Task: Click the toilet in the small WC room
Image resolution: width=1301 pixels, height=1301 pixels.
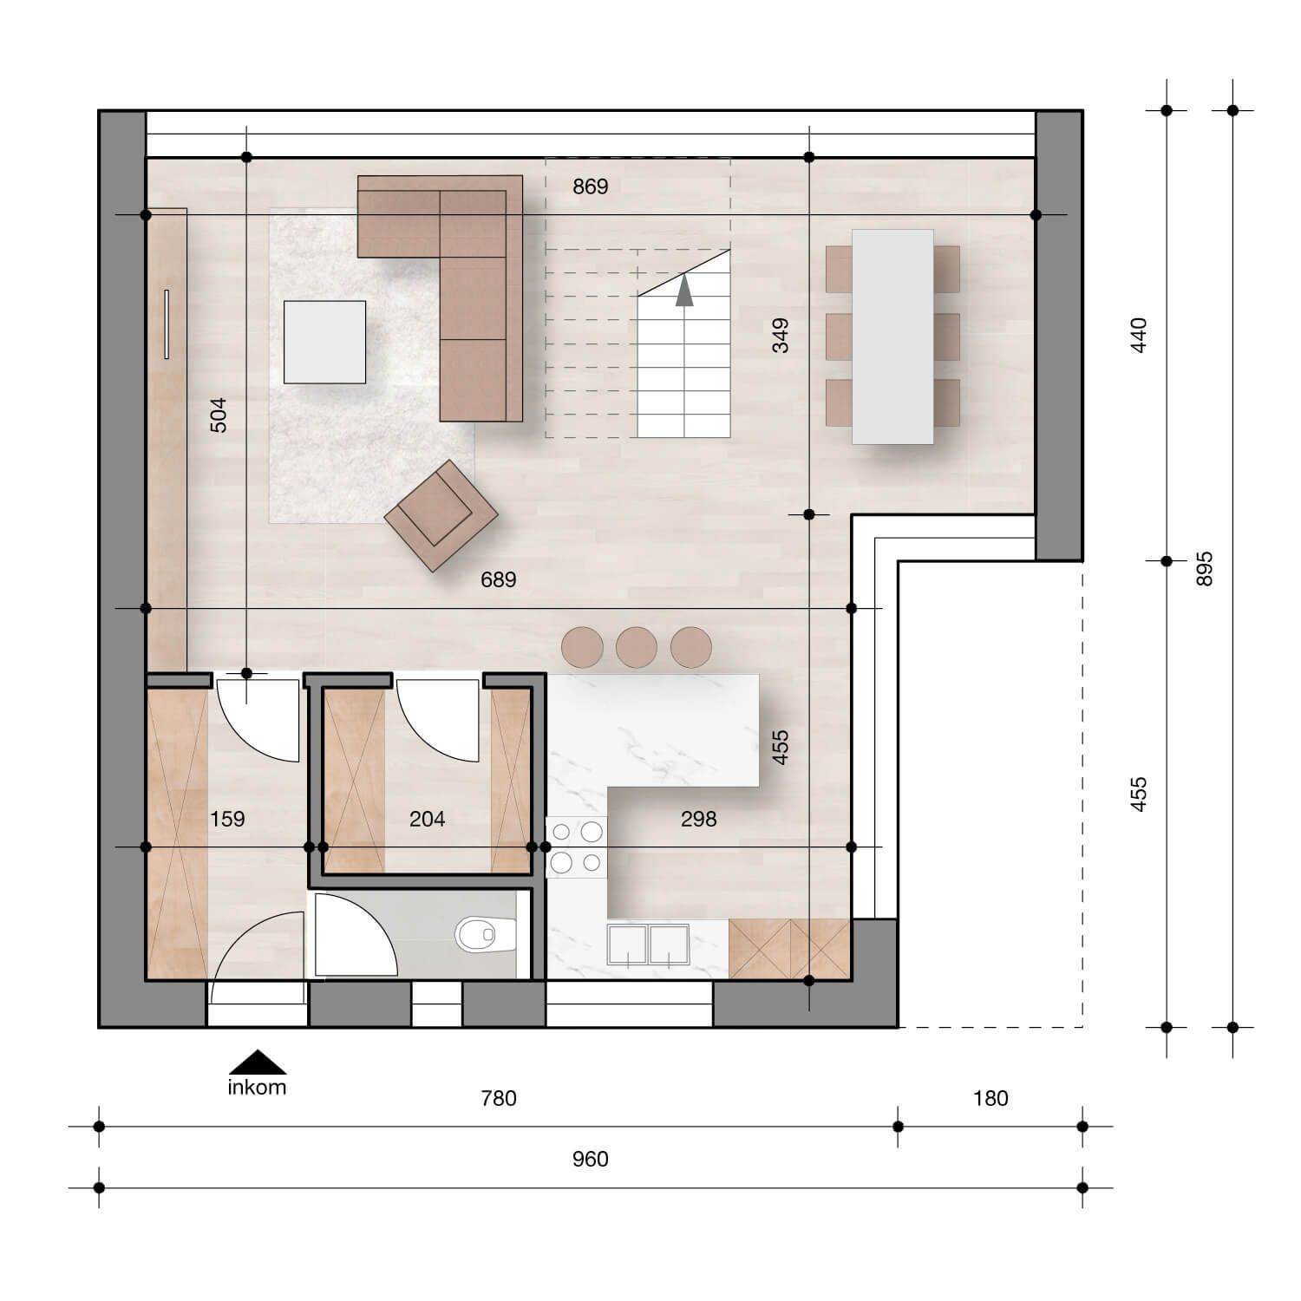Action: click(475, 935)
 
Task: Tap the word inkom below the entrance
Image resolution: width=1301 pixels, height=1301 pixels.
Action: click(257, 1088)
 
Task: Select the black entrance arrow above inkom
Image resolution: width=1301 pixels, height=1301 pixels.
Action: click(257, 1062)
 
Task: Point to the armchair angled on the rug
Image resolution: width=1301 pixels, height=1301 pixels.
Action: click(441, 515)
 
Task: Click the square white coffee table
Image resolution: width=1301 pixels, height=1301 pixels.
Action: click(324, 342)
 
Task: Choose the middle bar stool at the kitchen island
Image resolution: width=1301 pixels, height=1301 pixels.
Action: click(637, 647)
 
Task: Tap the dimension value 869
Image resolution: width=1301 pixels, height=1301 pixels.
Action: click(591, 186)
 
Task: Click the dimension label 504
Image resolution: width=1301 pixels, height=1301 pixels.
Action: click(219, 415)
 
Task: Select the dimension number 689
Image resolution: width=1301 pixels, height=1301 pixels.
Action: click(499, 579)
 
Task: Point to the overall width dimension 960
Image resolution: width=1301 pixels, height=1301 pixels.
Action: click(591, 1160)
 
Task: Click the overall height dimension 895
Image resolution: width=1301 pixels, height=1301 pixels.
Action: click(1205, 569)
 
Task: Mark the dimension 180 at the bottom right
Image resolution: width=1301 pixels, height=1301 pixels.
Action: click(990, 1099)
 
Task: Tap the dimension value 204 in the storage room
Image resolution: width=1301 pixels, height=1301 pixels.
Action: click(427, 819)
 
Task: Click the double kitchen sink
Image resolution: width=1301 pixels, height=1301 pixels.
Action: click(649, 945)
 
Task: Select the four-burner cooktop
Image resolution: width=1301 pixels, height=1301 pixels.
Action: click(577, 847)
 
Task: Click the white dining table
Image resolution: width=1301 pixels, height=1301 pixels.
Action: click(892, 337)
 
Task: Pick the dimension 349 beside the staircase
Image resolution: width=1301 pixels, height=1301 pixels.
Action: click(781, 336)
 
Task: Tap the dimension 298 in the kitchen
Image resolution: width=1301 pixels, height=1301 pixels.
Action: click(698, 819)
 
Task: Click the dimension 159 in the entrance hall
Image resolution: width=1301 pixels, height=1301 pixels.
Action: click(227, 819)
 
